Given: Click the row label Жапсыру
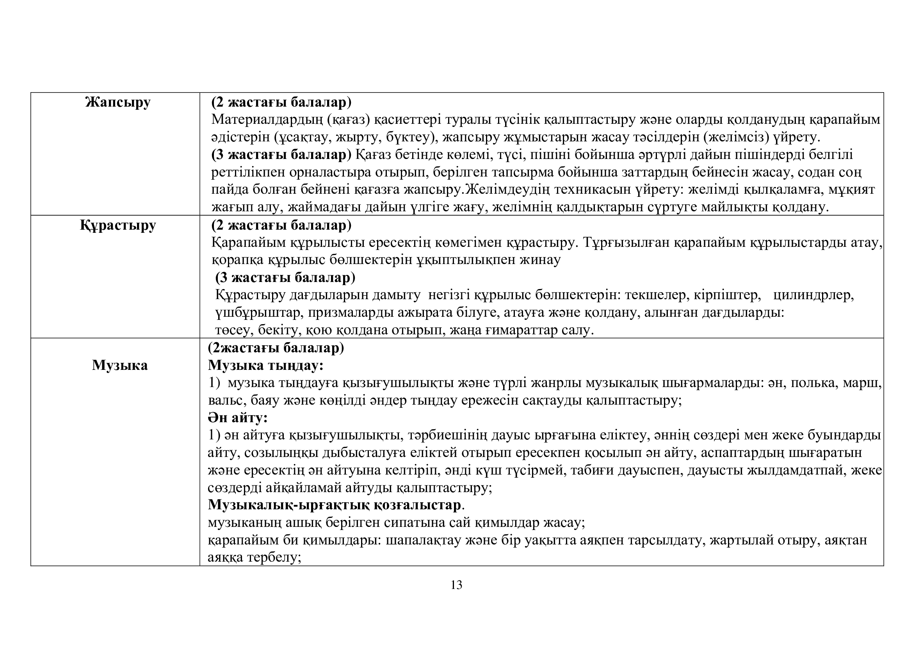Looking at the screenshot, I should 118,103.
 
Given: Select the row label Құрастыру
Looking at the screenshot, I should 118,225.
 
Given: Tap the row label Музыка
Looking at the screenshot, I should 120,365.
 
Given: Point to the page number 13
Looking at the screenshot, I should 456,585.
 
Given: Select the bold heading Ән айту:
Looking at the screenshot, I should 238,418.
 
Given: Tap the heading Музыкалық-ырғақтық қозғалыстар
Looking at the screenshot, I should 334,505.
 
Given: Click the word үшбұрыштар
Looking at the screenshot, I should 259,313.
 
